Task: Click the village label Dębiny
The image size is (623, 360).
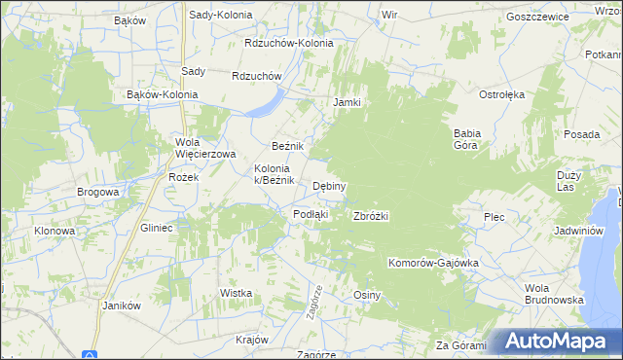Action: click(329, 186)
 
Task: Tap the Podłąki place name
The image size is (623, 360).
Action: click(311, 214)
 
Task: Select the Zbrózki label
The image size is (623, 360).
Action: click(371, 216)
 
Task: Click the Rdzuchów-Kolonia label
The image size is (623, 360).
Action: click(289, 43)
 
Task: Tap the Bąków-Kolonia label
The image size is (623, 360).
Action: click(163, 94)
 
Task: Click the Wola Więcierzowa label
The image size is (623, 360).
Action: click(205, 148)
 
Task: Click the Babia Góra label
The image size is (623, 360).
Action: click(469, 139)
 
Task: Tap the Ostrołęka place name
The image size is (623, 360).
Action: click(501, 94)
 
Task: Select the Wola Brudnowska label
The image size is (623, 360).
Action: click(553, 294)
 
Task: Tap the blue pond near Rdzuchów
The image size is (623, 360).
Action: click(265, 104)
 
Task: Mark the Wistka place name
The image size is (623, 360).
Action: click(237, 293)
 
